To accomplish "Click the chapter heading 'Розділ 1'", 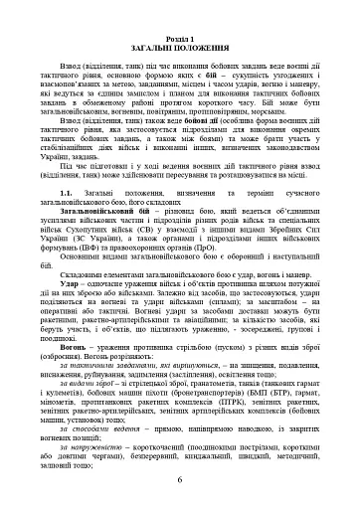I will (180, 9).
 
